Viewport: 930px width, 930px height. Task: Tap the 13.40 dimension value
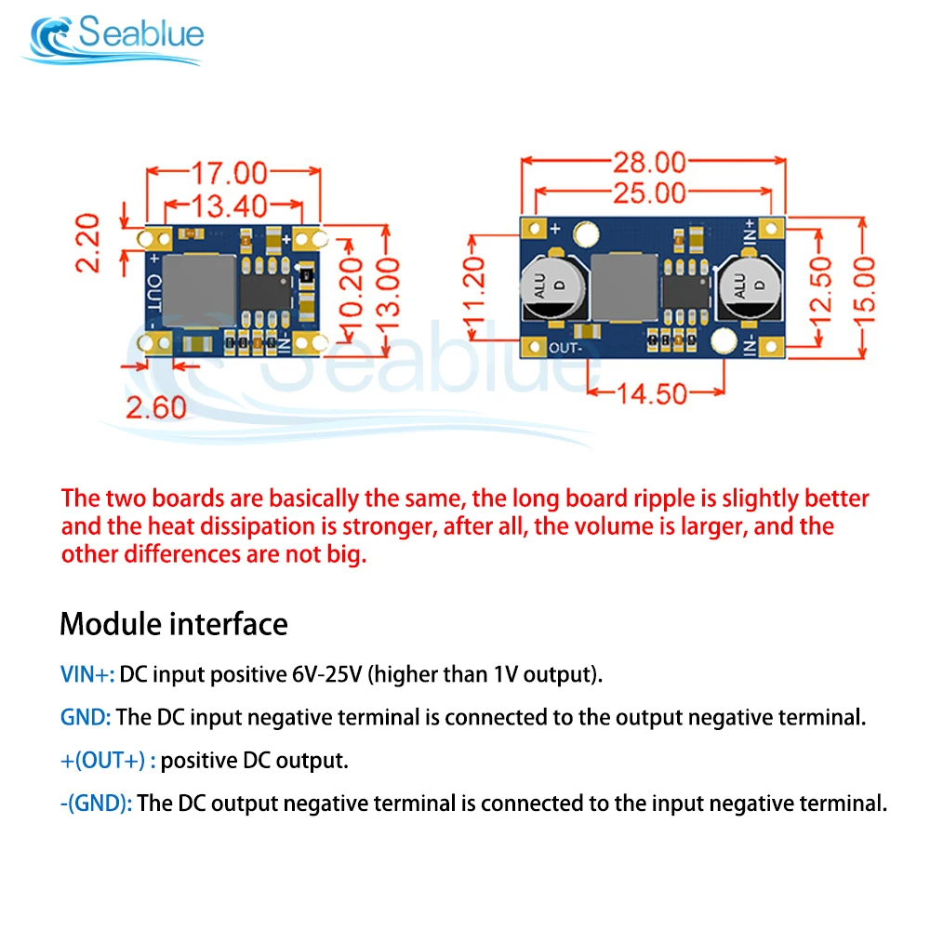pos(230,205)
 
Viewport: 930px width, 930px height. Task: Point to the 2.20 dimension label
pos(88,243)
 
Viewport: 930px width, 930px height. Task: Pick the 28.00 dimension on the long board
pos(649,163)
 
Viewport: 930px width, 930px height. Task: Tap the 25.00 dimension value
pos(649,193)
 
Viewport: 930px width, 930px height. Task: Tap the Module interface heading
pos(174,623)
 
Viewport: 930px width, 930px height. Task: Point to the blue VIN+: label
pos(87,673)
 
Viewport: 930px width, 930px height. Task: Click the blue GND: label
pos(86,717)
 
